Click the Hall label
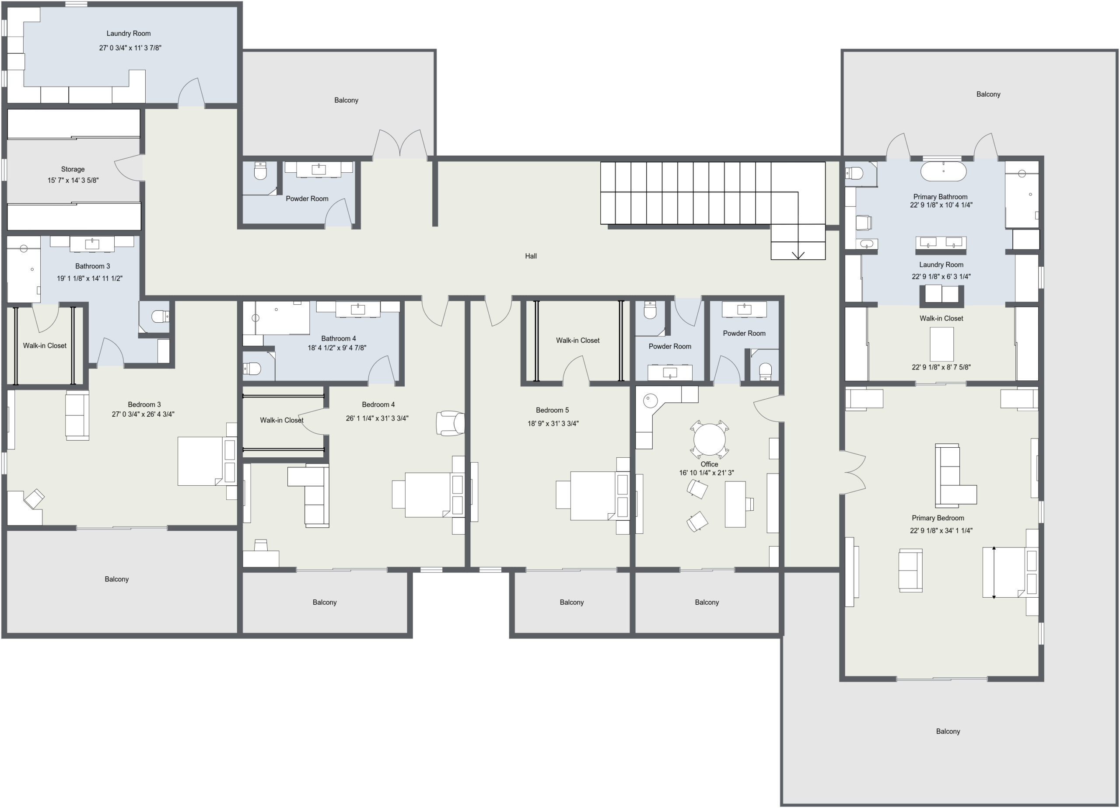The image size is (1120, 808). click(x=531, y=256)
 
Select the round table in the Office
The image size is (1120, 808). click(x=709, y=439)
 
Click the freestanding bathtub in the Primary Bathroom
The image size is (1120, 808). click(x=943, y=171)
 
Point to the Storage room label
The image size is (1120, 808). click(x=73, y=169)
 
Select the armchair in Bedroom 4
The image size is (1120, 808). click(x=450, y=423)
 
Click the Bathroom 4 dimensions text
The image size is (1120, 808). click(x=337, y=348)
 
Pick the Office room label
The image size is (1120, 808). click(x=709, y=464)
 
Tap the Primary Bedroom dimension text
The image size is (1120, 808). click(x=941, y=531)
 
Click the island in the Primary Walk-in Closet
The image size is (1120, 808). click(x=942, y=345)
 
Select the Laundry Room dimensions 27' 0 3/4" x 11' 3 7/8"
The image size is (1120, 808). click(x=130, y=48)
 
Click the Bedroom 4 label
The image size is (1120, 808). click(x=378, y=404)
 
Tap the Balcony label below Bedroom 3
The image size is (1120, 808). click(x=116, y=579)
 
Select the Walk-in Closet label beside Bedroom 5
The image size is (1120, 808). click(x=578, y=340)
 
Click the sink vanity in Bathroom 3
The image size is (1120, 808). click(x=92, y=244)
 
